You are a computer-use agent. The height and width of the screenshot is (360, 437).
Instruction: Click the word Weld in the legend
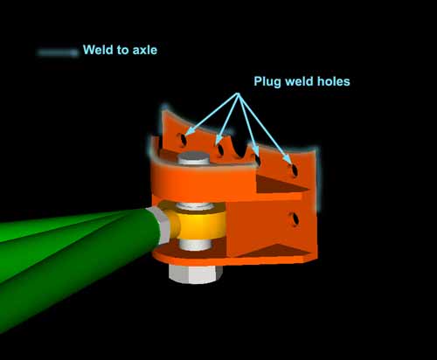(x=98, y=50)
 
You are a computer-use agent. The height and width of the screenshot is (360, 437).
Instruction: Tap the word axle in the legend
(x=145, y=50)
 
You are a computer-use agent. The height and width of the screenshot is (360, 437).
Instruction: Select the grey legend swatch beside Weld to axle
(x=58, y=52)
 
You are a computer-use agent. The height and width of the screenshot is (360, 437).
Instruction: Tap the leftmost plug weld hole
(x=183, y=140)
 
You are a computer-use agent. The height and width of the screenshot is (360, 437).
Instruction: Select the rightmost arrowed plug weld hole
(x=295, y=170)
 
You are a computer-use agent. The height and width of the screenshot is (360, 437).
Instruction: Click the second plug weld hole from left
(x=220, y=149)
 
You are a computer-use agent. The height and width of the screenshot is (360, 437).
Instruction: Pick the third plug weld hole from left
(x=258, y=160)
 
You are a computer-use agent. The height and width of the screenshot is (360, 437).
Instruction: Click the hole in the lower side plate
(x=295, y=219)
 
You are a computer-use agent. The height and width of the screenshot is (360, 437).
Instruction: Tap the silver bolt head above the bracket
(x=194, y=157)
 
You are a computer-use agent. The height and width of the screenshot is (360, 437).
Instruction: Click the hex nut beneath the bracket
(x=196, y=274)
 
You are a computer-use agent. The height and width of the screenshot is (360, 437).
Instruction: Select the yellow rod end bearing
(x=201, y=225)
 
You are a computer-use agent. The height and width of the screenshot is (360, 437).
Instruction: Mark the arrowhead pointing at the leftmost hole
(x=188, y=133)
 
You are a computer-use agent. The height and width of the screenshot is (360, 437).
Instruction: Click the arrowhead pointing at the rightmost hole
(x=288, y=161)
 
